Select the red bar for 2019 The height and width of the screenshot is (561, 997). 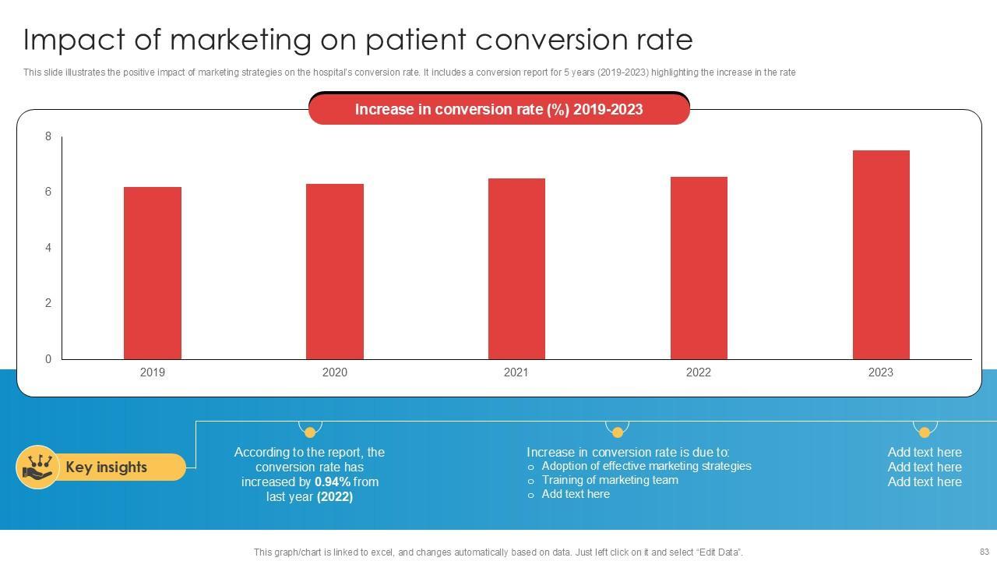coord(153,273)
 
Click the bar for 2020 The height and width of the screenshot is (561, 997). coord(335,271)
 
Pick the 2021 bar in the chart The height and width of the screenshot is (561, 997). coord(516,269)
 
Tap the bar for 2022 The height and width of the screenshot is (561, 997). coord(699,268)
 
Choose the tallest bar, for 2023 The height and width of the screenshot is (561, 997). coord(881,255)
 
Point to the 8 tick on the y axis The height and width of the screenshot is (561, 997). coord(48,137)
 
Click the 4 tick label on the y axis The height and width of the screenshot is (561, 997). coord(48,248)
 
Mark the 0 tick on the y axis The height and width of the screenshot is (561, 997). coord(48,359)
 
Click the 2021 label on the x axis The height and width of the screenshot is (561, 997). coord(516,372)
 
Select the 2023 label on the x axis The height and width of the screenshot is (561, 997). coord(881,372)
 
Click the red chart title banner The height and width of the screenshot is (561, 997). coord(498,110)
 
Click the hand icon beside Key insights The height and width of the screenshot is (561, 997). coord(37,467)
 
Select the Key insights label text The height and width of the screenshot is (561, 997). coord(106,467)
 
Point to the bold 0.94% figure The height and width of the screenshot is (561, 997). coord(333,482)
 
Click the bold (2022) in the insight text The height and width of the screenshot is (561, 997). coord(335,497)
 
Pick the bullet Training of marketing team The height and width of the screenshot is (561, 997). coord(610,481)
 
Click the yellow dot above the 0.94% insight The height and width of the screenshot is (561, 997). coord(310,432)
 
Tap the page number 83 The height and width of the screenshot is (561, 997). coord(984,551)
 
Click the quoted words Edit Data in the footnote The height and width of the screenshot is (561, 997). coord(716,552)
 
